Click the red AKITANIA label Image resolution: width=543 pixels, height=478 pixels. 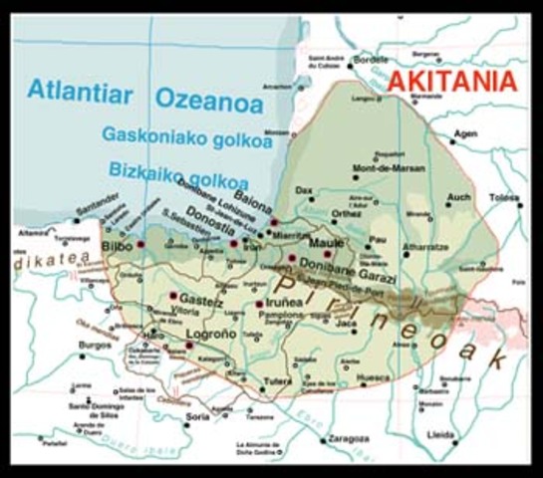(452, 82)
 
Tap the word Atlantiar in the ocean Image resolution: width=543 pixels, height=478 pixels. (79, 91)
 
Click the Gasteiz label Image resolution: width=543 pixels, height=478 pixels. (203, 298)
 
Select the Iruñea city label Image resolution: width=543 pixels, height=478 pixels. (289, 305)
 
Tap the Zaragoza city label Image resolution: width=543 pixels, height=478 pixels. (344, 436)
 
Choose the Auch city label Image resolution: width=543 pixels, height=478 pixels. (459, 197)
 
